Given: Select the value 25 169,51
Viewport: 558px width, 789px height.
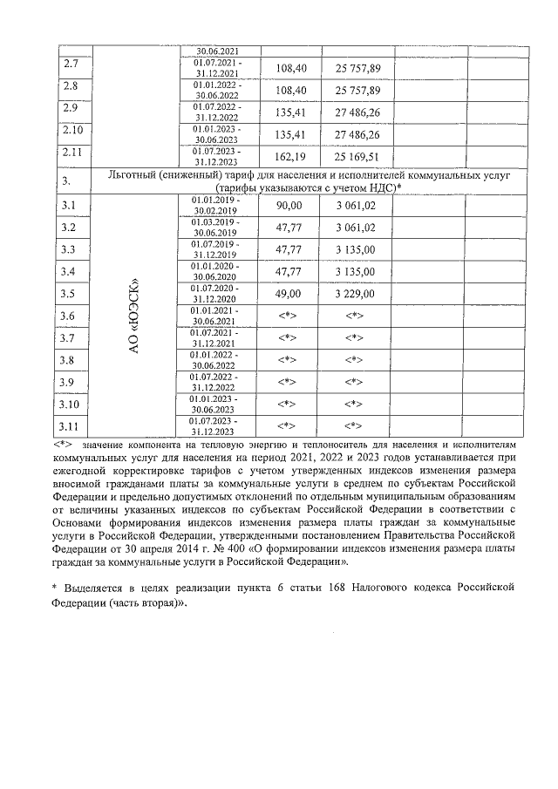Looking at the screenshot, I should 358,159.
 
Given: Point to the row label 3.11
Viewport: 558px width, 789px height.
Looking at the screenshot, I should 74,426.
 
